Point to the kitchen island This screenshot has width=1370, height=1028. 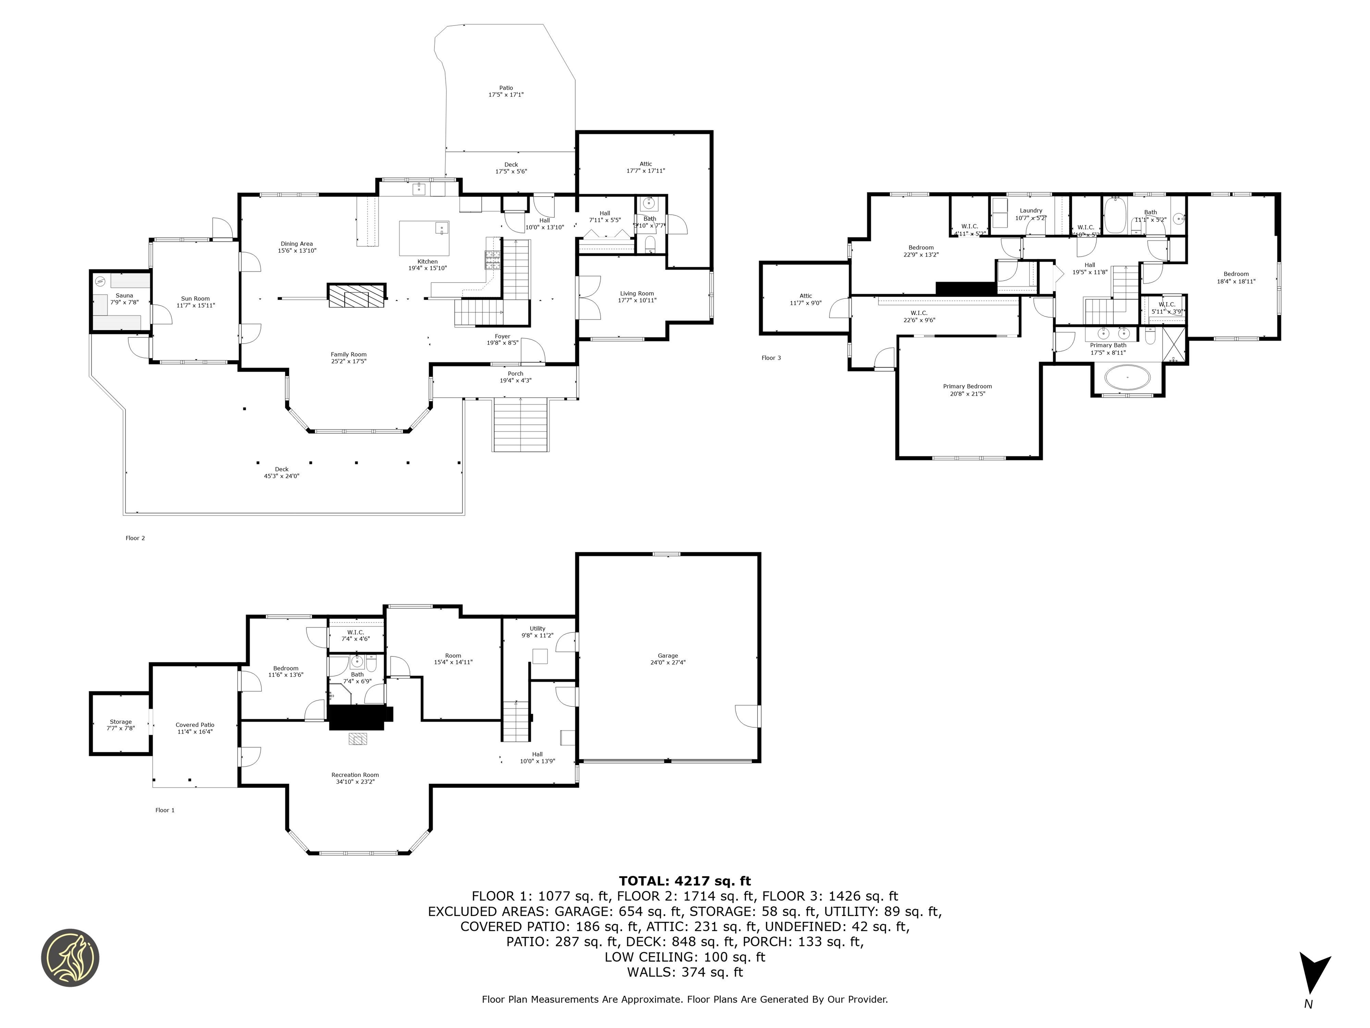coord(424,238)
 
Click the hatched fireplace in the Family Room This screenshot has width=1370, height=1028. coord(357,295)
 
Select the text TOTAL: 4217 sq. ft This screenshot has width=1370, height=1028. coord(685,881)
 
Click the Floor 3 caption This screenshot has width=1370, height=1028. coord(771,357)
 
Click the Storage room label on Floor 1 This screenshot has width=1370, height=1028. coord(121,721)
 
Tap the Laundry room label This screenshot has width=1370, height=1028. coord(1031,211)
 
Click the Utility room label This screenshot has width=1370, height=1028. coord(537,628)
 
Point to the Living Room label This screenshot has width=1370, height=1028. coord(637,294)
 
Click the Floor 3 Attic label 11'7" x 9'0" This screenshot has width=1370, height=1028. coord(805,299)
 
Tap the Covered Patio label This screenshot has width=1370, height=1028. coord(194,724)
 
